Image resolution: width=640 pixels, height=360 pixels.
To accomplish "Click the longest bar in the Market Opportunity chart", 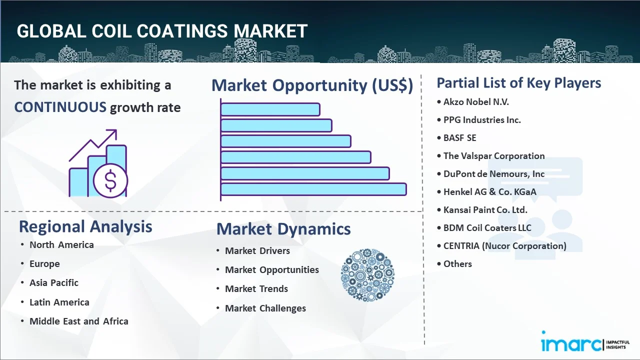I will point(313,189).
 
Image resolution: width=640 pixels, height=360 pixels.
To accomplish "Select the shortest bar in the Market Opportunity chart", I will point(270,109).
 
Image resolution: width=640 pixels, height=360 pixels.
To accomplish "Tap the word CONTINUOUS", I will point(60,107).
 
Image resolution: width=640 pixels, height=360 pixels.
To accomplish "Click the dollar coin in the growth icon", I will point(110,181).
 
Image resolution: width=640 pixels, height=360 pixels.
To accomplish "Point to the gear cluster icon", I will point(367,275).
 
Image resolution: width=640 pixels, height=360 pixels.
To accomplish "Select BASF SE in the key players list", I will point(459,138).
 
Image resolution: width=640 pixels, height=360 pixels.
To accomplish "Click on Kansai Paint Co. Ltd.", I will point(485,210).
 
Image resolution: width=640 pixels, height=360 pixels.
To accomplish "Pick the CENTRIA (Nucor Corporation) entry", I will point(504,246).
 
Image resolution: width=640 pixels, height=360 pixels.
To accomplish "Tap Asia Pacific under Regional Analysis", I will point(53,283).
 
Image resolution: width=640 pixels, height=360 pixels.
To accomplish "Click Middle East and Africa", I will point(78,321).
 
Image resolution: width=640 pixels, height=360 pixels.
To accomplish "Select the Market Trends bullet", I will point(256,289).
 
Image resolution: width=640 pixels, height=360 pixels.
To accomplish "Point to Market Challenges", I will point(265,308).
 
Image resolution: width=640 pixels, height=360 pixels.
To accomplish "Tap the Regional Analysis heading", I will point(85,226).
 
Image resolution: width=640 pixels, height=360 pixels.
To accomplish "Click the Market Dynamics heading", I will point(283,229).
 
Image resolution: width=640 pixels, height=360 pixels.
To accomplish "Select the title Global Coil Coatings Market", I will point(162,31).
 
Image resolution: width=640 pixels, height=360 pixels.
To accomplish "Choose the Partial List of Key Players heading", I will point(519,82).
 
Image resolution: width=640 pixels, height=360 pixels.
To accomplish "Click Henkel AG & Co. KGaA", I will point(489,192).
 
